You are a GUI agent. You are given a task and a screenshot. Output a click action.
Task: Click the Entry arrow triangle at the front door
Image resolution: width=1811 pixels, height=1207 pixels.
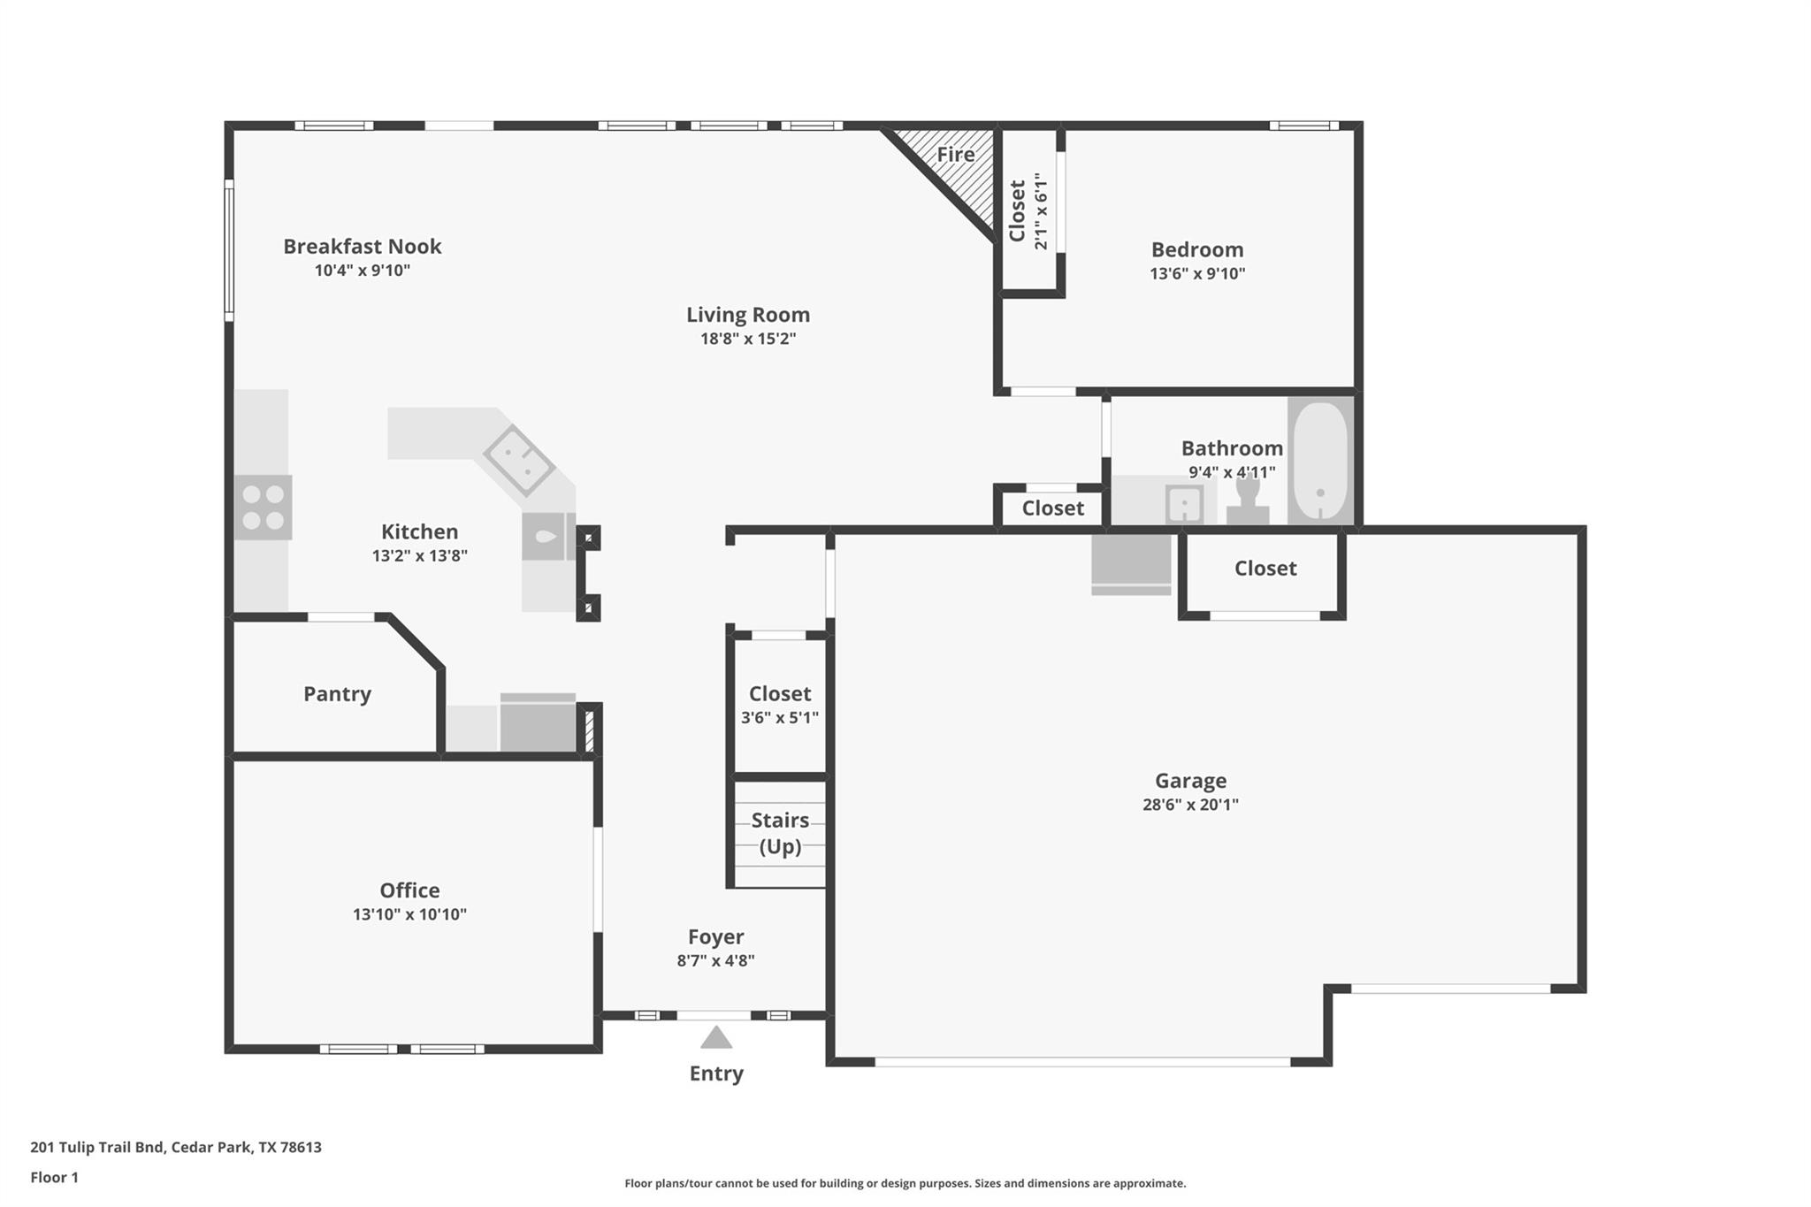tap(716, 1037)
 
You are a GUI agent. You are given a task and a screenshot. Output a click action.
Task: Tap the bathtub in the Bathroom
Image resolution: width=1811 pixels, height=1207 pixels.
tap(1320, 461)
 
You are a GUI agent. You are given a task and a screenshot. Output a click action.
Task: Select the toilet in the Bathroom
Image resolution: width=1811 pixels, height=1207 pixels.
tap(1248, 501)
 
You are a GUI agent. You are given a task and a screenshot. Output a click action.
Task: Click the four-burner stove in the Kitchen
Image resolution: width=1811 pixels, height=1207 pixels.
tap(263, 508)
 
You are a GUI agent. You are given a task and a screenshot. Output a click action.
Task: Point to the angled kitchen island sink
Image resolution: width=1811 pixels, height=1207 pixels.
tap(519, 461)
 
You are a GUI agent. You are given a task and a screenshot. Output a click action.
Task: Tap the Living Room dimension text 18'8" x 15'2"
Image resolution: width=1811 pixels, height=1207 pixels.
tap(748, 339)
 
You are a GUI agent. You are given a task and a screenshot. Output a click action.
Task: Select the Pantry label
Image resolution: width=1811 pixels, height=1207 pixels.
tap(337, 694)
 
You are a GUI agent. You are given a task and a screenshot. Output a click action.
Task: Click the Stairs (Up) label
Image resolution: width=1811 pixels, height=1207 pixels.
tap(780, 833)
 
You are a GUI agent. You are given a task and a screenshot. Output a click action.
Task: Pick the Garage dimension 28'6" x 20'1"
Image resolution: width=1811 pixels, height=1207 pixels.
tap(1190, 805)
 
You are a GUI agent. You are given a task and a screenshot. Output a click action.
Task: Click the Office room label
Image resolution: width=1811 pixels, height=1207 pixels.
tap(409, 890)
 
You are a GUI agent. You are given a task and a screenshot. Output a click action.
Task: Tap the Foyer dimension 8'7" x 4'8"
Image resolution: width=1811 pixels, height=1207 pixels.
tap(715, 960)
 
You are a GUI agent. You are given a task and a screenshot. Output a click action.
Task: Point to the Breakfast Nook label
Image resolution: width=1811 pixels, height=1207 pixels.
tap(362, 247)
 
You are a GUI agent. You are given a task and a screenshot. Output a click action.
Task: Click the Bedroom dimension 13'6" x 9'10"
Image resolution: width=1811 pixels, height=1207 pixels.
tap(1197, 274)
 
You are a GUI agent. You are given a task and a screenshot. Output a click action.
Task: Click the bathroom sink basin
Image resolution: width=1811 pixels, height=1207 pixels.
tap(1184, 505)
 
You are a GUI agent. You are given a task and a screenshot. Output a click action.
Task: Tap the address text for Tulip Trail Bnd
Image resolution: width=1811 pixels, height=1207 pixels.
tap(176, 1148)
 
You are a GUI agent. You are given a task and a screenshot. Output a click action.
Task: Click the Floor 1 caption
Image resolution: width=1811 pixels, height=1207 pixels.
tap(55, 1178)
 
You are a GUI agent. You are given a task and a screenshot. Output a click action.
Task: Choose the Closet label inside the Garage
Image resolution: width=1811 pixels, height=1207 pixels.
tap(1265, 569)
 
